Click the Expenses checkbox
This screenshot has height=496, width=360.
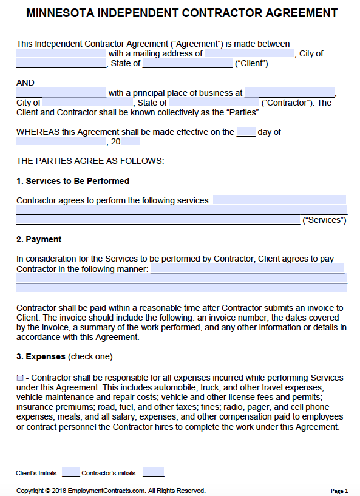[20, 378]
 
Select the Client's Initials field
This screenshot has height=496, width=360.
[70, 472]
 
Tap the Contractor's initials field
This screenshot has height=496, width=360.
[153, 472]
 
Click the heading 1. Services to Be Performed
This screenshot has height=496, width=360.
[72, 181]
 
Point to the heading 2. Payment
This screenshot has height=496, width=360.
[39, 239]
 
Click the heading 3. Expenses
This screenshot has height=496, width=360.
[41, 356]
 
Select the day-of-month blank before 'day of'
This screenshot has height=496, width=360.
[246, 132]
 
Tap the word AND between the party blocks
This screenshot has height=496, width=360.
[25, 83]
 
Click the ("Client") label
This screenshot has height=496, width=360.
[251, 63]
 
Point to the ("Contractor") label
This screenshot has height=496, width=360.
[287, 103]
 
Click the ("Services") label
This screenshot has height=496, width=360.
[324, 220]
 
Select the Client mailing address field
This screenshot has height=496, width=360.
[250, 53]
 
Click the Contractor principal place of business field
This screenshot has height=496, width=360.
[290, 93]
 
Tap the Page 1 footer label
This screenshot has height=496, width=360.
[339, 491]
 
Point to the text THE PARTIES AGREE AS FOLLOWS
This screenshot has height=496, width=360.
[90, 161]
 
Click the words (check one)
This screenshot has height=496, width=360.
[90, 356]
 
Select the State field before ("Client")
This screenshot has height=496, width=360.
[188, 63]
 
